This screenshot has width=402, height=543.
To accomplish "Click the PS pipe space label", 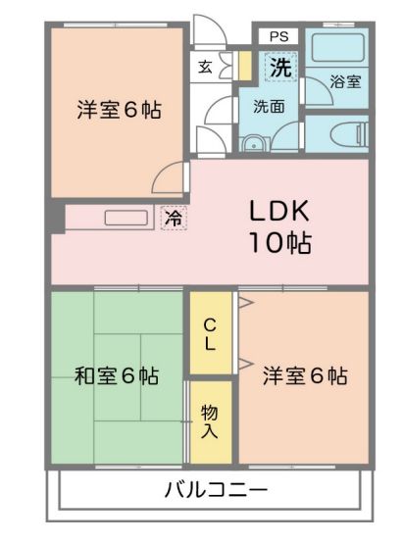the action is point(279,36).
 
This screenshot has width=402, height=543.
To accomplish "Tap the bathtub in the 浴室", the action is point(338,48).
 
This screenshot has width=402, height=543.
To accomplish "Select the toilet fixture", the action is point(349,133).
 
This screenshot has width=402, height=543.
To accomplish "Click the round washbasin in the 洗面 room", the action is point(254,144).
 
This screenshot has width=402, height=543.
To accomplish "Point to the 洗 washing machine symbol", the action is point(280,67).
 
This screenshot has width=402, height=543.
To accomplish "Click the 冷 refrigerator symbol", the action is point(174,218).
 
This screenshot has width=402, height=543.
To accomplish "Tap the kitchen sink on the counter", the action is point(126,218).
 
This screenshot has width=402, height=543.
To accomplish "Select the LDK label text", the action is point(279,211).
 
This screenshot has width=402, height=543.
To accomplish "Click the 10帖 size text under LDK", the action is point(280,242).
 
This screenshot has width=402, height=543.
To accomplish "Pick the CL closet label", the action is point(210,334).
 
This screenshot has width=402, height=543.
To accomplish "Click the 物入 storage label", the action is point(210,421).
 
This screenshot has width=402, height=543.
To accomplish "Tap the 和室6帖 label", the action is point(117,375).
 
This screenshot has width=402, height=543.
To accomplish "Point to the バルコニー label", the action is point(216,490).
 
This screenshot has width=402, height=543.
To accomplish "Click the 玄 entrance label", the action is point(205,67).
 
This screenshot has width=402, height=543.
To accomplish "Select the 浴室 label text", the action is point(345,81).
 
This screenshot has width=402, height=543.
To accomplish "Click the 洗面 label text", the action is point(269,106).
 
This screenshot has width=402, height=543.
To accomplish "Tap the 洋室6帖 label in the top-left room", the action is point(119,110).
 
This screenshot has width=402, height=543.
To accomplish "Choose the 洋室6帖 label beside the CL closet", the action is point(305,375).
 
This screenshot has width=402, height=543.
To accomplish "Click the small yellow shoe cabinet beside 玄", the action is point(245,66).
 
